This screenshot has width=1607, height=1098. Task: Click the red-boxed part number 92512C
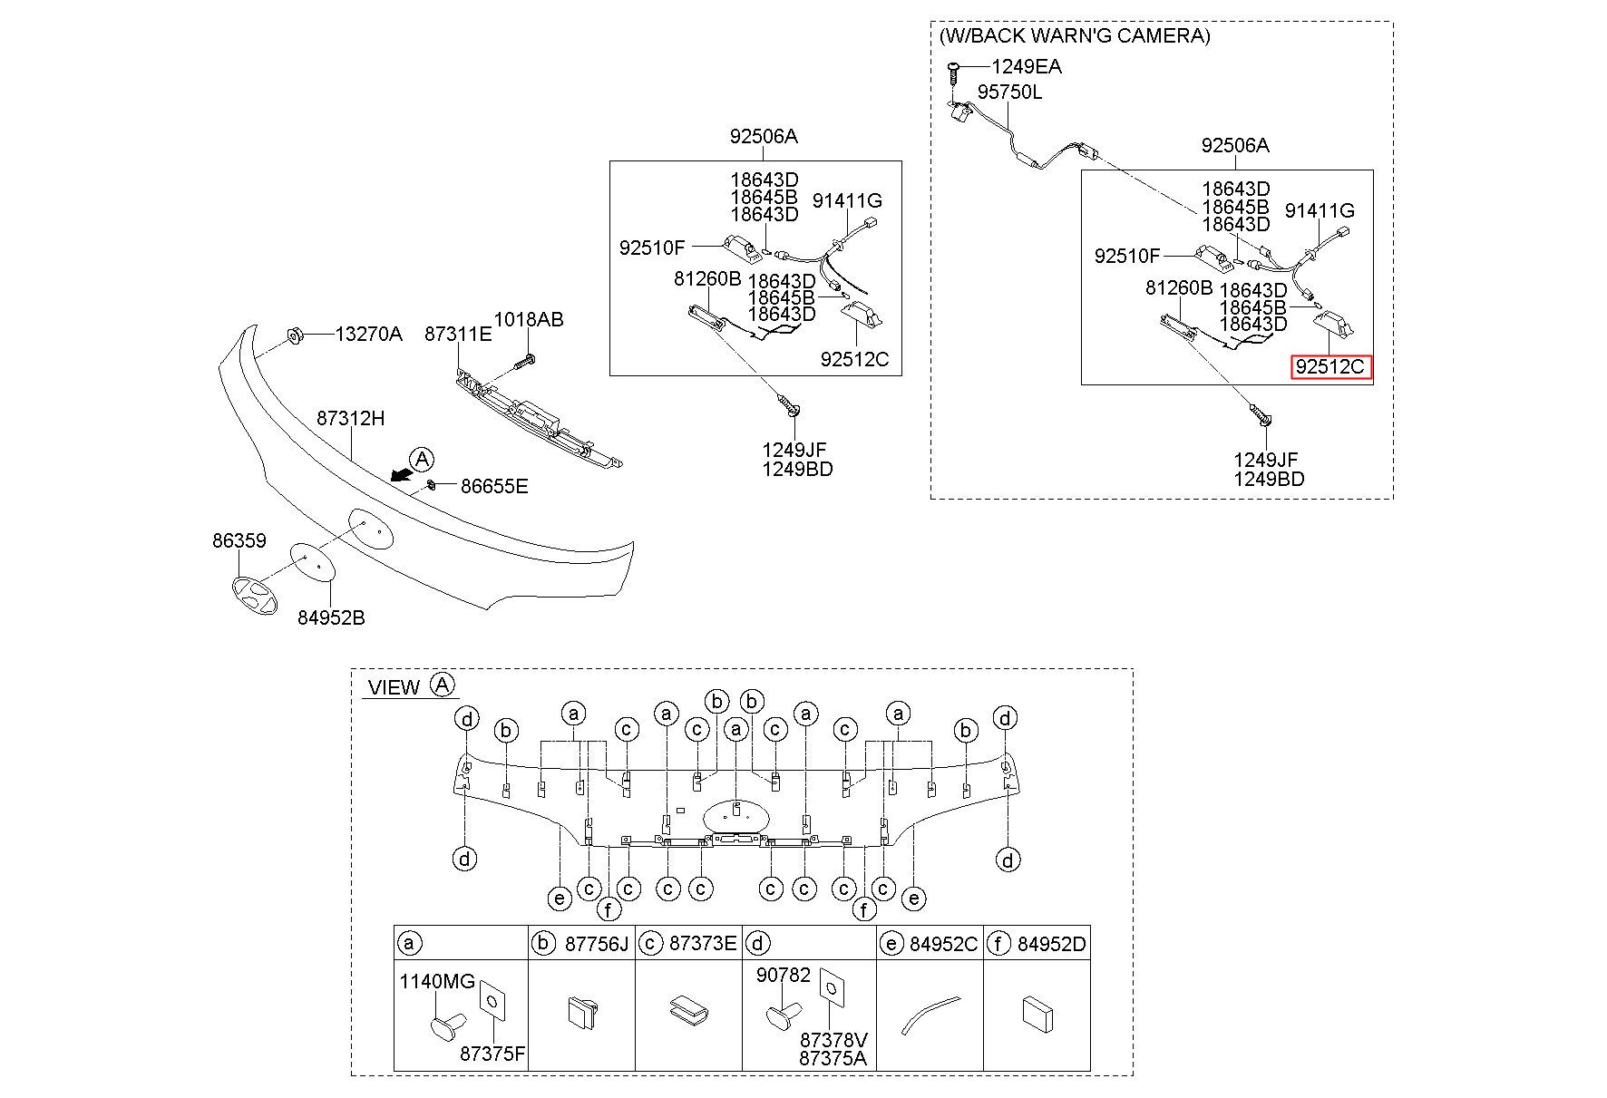click(1330, 367)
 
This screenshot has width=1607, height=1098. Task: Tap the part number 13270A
click(368, 334)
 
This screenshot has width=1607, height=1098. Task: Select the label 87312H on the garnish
click(350, 418)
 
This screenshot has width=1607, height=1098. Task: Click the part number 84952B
click(331, 617)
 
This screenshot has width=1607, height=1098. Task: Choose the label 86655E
click(494, 486)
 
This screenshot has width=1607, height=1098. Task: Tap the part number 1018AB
click(528, 319)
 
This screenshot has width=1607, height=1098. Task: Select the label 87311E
click(458, 334)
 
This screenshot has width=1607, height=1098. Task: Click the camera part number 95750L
click(1009, 92)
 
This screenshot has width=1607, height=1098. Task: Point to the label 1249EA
click(1027, 66)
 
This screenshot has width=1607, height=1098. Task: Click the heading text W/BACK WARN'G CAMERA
click(1075, 35)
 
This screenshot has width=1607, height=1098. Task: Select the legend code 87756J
click(596, 944)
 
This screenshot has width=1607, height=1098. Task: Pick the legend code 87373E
click(703, 944)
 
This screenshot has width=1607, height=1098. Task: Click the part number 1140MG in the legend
click(437, 981)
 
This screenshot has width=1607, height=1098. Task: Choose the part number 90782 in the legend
click(784, 975)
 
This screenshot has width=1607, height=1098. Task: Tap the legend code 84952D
click(1051, 944)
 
